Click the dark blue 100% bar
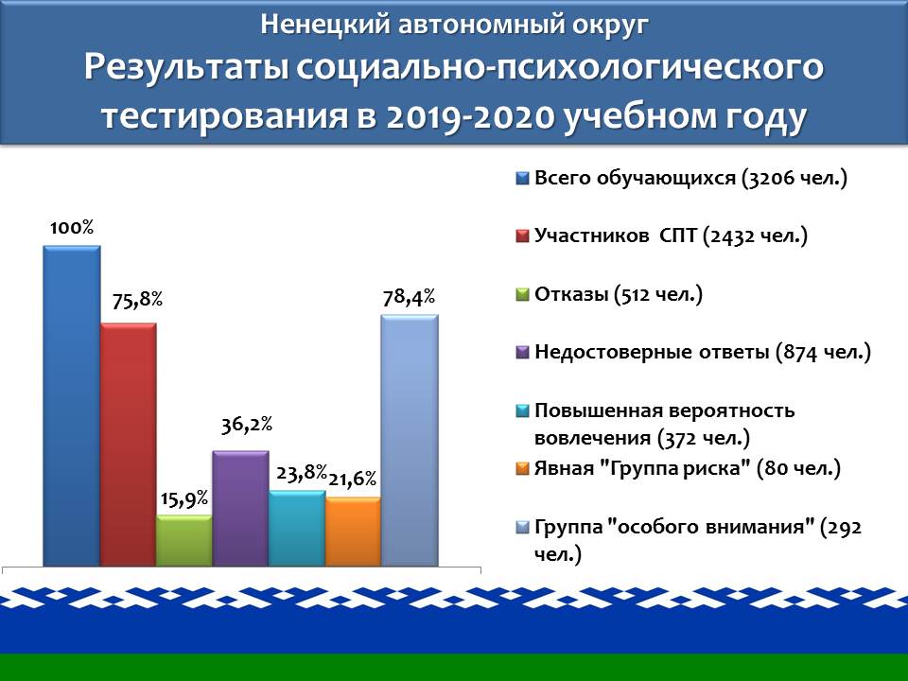pyautogui.click(x=72, y=406)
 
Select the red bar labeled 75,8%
pyautogui.click(x=128, y=445)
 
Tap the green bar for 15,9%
pyautogui.click(x=184, y=540)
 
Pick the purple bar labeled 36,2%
pyautogui.click(x=240, y=508)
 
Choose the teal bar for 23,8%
pyautogui.click(x=296, y=528)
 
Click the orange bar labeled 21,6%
pyautogui.click(x=353, y=531)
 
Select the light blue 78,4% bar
pyautogui.click(x=410, y=440)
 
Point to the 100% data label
pyautogui.click(x=72, y=228)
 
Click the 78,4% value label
pyautogui.click(x=409, y=297)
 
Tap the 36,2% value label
pyautogui.click(x=247, y=425)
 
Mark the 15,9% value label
pyautogui.click(x=184, y=498)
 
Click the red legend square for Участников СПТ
pyautogui.click(x=522, y=236)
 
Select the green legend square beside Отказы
pyautogui.click(x=522, y=295)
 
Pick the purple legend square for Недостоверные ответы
pyautogui.click(x=522, y=352)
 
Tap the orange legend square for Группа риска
pyautogui.click(x=522, y=468)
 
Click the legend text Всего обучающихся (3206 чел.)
pyautogui.click(x=690, y=178)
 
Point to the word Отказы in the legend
pyautogui.click(x=571, y=294)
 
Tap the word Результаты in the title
pyautogui.click(x=186, y=68)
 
